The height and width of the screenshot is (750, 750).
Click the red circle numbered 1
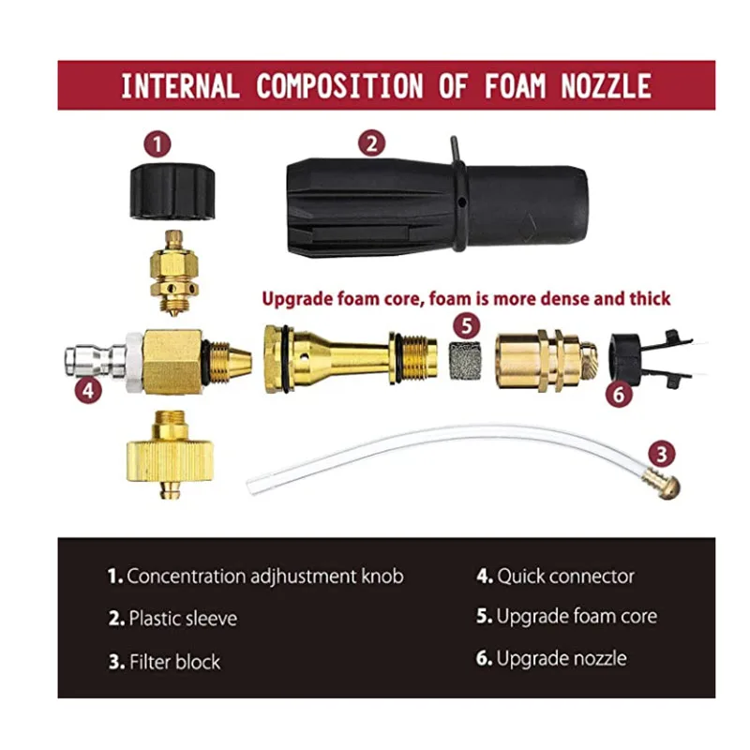(157, 144)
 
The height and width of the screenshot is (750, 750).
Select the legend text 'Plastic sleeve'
(183, 619)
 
